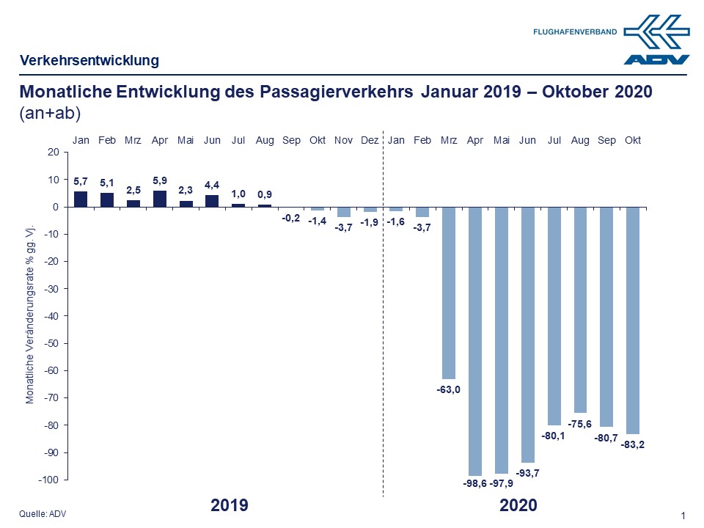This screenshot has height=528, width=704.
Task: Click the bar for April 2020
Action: (475, 341)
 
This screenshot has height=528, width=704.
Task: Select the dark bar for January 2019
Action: (81, 199)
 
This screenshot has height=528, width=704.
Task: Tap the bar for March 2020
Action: (449, 293)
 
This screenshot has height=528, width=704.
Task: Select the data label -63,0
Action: (448, 389)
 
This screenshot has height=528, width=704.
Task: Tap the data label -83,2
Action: (634, 444)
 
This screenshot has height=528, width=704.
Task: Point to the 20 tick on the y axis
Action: (52, 153)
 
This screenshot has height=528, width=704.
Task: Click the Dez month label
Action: (370, 140)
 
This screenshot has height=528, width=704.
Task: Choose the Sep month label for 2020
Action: (606, 140)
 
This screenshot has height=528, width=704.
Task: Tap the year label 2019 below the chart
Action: (230, 505)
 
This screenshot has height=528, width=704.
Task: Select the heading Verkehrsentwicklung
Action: (89, 60)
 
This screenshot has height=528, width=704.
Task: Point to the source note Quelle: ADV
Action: (43, 514)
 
